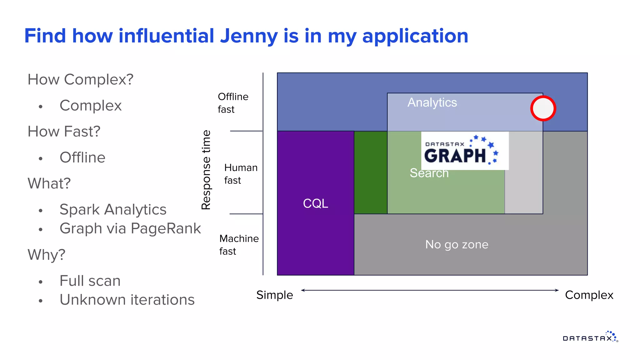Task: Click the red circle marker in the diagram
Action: (x=543, y=108)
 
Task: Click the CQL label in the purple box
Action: (x=316, y=203)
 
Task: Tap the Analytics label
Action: (x=432, y=102)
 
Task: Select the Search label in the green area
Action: (x=429, y=173)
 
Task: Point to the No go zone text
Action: (x=457, y=244)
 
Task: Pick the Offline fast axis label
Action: (x=233, y=103)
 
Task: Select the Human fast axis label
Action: (x=241, y=174)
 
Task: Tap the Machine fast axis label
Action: (x=239, y=245)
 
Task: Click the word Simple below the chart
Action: (x=275, y=295)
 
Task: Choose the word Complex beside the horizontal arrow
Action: (x=589, y=295)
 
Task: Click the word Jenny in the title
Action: (x=249, y=36)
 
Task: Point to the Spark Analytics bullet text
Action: (x=113, y=209)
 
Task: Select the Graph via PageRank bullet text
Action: (x=130, y=228)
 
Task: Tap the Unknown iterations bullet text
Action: (x=127, y=300)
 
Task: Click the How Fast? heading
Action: (x=64, y=132)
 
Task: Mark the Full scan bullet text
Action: (x=90, y=281)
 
